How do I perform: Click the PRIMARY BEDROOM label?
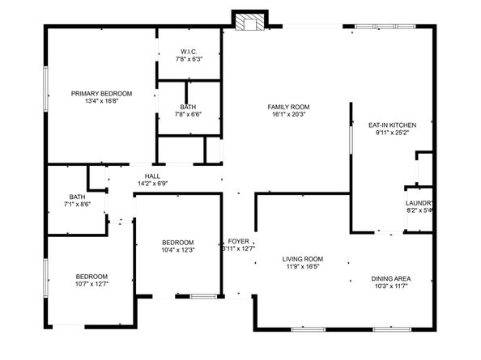click(x=101, y=94)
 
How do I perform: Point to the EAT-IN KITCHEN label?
click(x=392, y=125)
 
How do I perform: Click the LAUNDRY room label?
click(x=419, y=202)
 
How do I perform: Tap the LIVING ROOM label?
click(x=303, y=259)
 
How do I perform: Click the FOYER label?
click(x=238, y=241)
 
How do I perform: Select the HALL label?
click(x=152, y=176)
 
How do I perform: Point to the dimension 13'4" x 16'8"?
click(x=101, y=102)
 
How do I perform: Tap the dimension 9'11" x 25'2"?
click(x=392, y=133)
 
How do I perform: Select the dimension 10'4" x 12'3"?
click(x=177, y=250)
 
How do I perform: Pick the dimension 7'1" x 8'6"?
click(x=77, y=205)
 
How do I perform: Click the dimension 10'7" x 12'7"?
click(x=92, y=282)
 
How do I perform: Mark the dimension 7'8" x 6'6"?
click(x=188, y=114)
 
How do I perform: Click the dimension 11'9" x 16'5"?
click(x=303, y=267)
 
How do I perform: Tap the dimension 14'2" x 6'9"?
click(x=152, y=184)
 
